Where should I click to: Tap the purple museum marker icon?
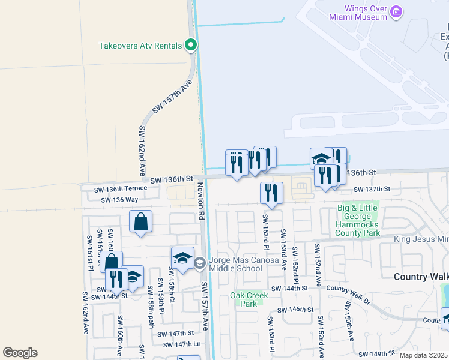(396, 12)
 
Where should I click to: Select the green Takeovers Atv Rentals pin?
(191, 44)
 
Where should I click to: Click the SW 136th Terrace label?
(121, 190)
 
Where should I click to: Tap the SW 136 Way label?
(119, 200)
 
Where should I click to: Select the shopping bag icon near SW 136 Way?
(140, 221)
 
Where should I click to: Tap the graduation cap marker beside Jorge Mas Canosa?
(182, 257)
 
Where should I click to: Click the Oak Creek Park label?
(244, 299)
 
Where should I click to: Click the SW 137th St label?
(373, 189)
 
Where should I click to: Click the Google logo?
(20, 353)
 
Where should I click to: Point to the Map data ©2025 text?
(424, 355)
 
